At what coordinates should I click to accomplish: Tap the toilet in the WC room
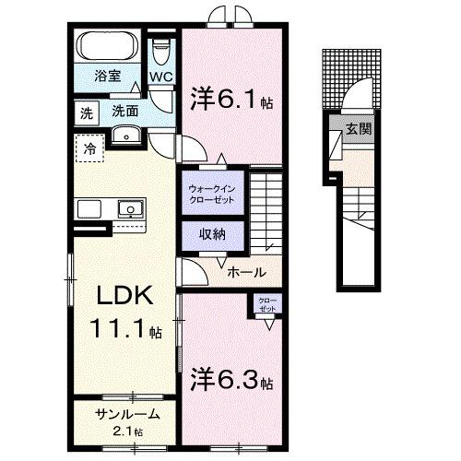(x=162, y=45)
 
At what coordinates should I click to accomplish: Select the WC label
(x=162, y=77)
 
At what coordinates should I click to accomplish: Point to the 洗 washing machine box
(x=86, y=113)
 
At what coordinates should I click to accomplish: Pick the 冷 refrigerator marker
(x=90, y=148)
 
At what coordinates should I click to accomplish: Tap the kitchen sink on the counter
(x=130, y=209)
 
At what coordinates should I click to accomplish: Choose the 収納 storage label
(x=213, y=235)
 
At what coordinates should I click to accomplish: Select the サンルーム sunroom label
(x=128, y=415)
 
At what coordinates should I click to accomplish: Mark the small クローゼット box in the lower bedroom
(x=266, y=305)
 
